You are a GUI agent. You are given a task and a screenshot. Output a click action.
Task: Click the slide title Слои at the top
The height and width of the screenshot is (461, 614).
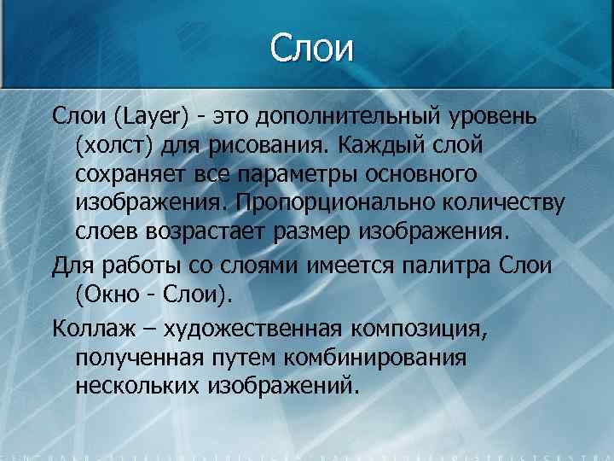point(311,48)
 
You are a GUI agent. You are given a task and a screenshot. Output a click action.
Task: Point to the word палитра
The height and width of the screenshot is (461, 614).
point(451,264)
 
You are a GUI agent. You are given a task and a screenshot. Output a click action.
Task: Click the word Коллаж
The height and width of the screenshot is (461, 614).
point(88,325)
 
